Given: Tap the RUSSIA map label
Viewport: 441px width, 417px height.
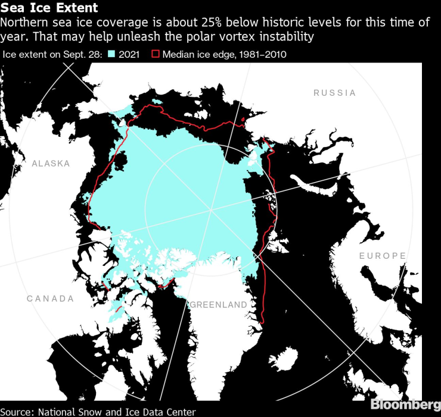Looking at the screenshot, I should tap(334, 93).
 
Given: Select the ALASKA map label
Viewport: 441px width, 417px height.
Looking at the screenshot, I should tap(51, 164).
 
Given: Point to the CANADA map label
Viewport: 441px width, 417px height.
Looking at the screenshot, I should tap(50, 298).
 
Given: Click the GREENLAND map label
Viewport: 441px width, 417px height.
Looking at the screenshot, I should tap(218, 305).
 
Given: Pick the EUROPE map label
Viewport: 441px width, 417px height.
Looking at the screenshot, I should tap(383, 256).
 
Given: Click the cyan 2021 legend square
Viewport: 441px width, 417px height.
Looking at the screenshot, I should tap(111, 54).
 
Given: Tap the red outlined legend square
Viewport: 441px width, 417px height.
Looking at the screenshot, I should tap(156, 54).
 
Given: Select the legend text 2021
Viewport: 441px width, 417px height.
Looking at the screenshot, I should tap(129, 54).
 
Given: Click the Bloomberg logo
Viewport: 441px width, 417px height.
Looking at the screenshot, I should tap(405, 405).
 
